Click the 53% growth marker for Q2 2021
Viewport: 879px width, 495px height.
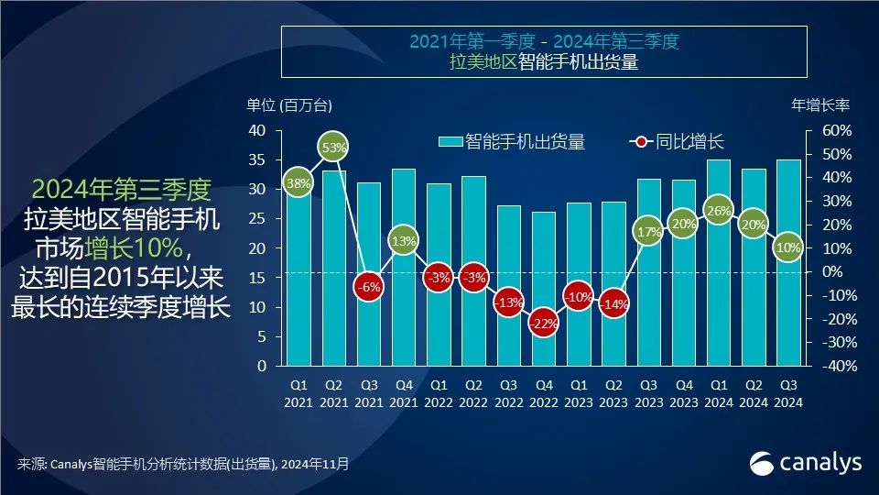[333, 147]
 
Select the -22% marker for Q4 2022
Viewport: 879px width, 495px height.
[544, 324]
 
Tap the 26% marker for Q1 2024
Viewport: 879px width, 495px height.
[720, 211]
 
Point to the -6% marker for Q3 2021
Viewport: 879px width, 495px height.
[368, 286]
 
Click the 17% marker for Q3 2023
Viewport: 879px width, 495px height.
[649, 232]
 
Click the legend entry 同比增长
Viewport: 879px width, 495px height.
[677, 142]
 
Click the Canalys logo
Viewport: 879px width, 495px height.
[806, 463]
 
